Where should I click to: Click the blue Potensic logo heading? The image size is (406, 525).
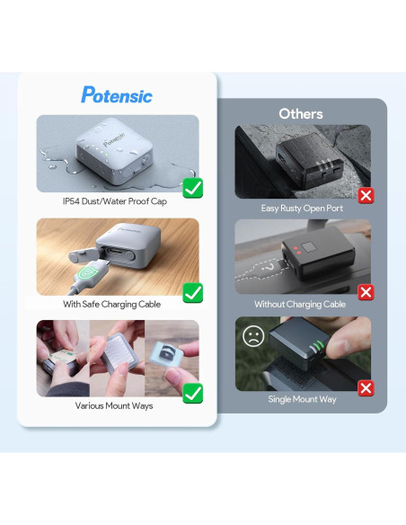[117, 94]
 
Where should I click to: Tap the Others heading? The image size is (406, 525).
[301, 114]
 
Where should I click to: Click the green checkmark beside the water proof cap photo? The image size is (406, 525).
[192, 188]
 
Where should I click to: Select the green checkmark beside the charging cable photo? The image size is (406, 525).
[192, 292]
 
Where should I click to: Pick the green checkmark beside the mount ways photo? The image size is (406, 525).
[192, 393]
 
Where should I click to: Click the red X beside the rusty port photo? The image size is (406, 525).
[366, 194]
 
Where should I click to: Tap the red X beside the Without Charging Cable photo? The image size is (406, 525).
[366, 292]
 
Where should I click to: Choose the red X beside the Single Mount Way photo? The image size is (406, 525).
[366, 388]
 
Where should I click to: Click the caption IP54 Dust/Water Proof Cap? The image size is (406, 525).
[115, 201]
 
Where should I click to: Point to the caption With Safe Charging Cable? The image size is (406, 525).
[112, 304]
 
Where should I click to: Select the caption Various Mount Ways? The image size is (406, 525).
[113, 405]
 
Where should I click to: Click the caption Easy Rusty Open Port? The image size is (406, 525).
[303, 208]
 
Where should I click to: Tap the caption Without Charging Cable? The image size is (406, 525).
[300, 304]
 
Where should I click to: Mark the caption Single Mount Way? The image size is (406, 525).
[302, 399]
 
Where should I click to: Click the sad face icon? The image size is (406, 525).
[254, 337]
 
